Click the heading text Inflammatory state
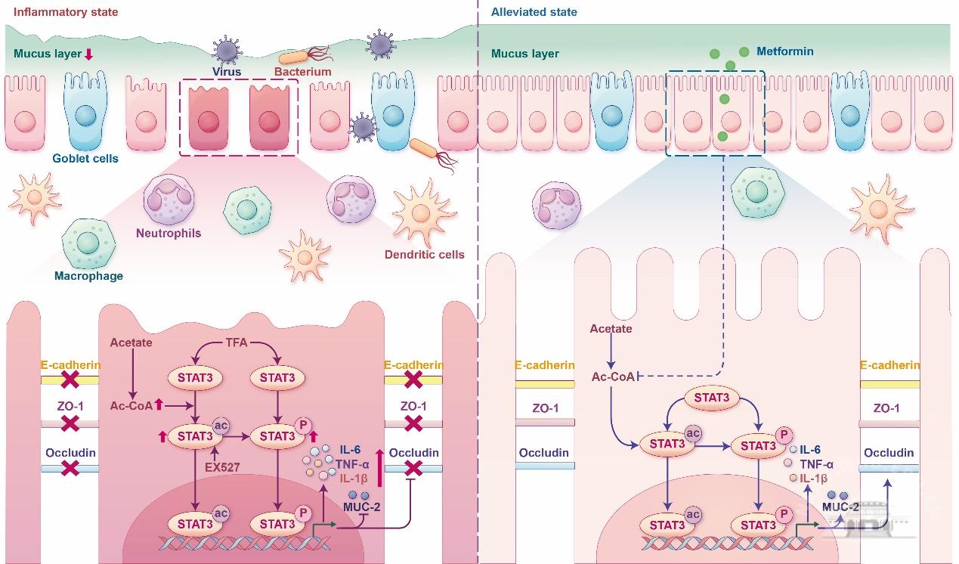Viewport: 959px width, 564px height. coord(66,12)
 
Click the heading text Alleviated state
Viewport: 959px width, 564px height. coord(534,12)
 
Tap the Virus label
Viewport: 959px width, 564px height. coord(227,72)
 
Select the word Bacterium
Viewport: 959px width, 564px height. coord(302,72)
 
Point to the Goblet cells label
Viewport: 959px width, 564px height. coord(85,159)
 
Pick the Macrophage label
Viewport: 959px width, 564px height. coord(88,276)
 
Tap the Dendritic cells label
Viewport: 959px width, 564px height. coord(429,254)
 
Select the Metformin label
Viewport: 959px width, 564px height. coord(787,51)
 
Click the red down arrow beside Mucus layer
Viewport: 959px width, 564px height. coord(88,54)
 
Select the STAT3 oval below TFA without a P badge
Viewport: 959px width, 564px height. coord(195,377)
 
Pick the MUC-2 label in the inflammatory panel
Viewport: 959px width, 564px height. coord(362,507)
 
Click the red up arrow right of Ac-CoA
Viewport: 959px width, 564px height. coord(159,406)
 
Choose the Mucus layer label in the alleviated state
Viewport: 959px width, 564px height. coord(524,54)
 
